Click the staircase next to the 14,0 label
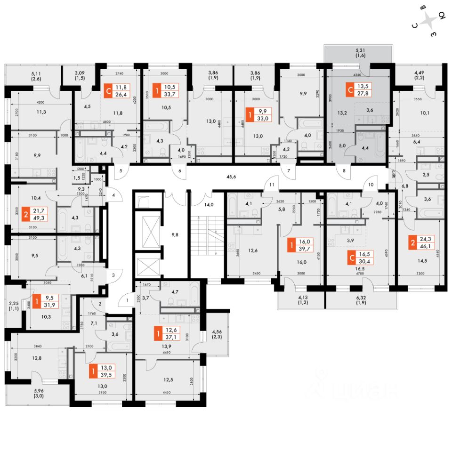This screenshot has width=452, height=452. point(207,235)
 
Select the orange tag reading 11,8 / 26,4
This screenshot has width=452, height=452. point(115,89)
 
